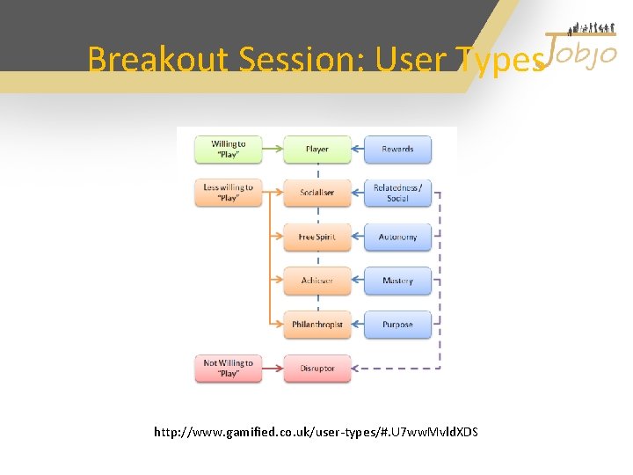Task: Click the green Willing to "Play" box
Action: pyautogui.click(x=229, y=149)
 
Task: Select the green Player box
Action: pyautogui.click(x=316, y=149)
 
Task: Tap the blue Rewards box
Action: pyautogui.click(x=397, y=149)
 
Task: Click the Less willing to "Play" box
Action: pyautogui.click(x=229, y=193)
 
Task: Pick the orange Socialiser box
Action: pyautogui.click(x=316, y=193)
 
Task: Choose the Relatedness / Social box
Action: pyautogui.click(x=397, y=193)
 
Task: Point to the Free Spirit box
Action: pyautogui.click(x=316, y=237)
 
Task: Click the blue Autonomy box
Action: pyautogui.click(x=397, y=237)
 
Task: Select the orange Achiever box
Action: pyautogui.click(x=316, y=281)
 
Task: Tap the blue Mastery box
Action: pyautogui.click(x=397, y=281)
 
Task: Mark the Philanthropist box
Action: pyautogui.click(x=316, y=325)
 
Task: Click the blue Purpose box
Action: pyautogui.click(x=397, y=325)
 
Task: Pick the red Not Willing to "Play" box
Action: pyautogui.click(x=229, y=369)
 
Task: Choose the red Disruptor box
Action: pyautogui.click(x=316, y=369)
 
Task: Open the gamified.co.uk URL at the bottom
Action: pyautogui.click(x=316, y=432)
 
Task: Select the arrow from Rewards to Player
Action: pyautogui.click(x=358, y=149)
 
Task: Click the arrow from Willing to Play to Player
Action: pyautogui.click(x=273, y=149)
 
